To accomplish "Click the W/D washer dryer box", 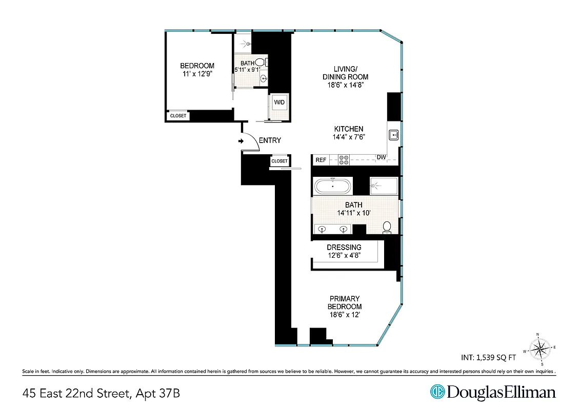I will click(279, 102).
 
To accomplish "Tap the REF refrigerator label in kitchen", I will click(321, 160).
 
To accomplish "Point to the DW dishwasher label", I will click(381, 157).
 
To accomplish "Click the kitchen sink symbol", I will click(394, 135).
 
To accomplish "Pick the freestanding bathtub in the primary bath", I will click(333, 186).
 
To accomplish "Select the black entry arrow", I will click(241, 141).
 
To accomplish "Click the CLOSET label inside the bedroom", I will click(178, 116).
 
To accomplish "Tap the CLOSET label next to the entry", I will click(279, 161).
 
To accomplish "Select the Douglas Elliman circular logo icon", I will click(437, 392).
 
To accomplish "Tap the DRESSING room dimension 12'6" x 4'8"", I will click(344, 255).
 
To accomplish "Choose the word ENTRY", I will click(270, 140).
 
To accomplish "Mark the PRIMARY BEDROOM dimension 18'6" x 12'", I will click(344, 315).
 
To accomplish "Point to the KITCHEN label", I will click(349, 129).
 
